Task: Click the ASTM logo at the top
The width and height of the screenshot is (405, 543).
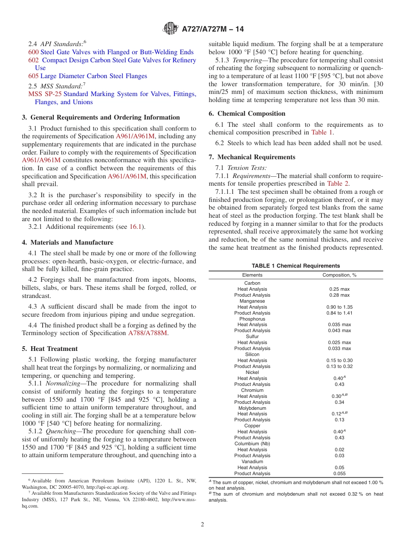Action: (x=171, y=29)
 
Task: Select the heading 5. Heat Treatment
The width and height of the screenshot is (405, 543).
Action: (x=50, y=349)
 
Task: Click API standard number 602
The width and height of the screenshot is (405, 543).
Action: (x=33, y=60)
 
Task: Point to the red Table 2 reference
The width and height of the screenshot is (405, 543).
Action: (x=338, y=184)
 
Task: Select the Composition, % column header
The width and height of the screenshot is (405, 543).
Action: (x=339, y=275)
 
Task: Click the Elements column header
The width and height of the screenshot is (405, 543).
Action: (x=252, y=275)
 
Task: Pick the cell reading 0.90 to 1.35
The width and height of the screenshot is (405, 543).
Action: (x=339, y=307)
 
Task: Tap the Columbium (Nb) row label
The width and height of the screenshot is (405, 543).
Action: (x=252, y=444)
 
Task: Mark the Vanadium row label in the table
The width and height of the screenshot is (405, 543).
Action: (x=252, y=461)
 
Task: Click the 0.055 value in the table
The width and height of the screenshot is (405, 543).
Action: (x=339, y=473)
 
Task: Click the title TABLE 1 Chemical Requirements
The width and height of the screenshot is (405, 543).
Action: (x=295, y=266)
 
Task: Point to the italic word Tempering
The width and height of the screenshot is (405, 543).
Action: (x=244, y=60)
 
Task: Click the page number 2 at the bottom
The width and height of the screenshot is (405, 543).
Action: (x=202, y=525)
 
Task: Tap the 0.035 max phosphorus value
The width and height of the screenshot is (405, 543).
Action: (x=339, y=325)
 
